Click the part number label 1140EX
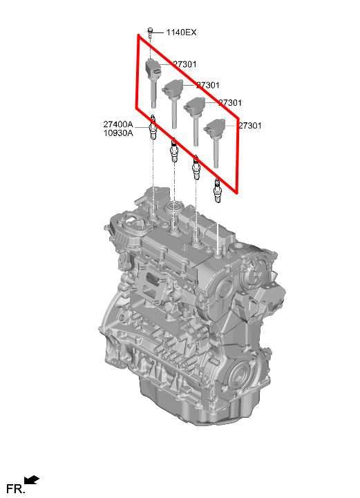pos(181,32)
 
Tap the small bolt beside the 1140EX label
pos(151,32)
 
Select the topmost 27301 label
pos(184,64)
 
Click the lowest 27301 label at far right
pos(250,126)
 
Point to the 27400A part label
pos(118,124)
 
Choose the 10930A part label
pos(118,133)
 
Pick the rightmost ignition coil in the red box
pos(215,142)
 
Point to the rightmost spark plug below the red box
pos(218,191)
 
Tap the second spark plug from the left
pos(174,151)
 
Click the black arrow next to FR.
pos(32,480)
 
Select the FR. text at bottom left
pos(16,489)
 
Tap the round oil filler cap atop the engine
pos(173,209)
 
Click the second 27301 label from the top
pos(208,85)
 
